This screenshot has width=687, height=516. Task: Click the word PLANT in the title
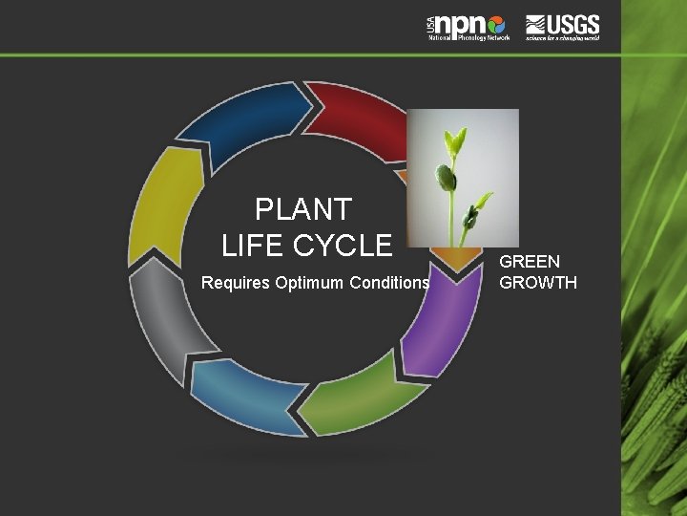click(x=303, y=209)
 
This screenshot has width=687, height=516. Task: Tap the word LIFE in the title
click(x=255, y=246)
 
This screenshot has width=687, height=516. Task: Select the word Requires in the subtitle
click(x=235, y=283)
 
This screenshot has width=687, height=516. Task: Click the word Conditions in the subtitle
click(x=391, y=283)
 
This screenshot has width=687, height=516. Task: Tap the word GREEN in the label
click(x=530, y=261)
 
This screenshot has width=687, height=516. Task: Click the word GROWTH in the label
click(x=538, y=283)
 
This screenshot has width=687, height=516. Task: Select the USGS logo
click(x=562, y=26)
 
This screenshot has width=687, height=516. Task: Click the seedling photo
click(x=463, y=177)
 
